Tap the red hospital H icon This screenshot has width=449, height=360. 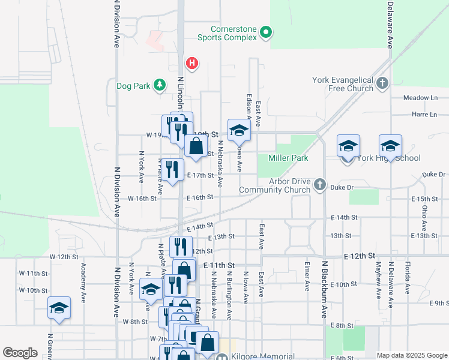[x=192, y=63]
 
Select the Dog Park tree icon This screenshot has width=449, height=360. [x=160, y=86]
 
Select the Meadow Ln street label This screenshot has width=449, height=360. [x=421, y=98]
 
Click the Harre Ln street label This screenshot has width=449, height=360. [x=424, y=114]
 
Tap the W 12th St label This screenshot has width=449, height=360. [x=65, y=257]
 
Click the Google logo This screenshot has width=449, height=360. [x=20, y=353]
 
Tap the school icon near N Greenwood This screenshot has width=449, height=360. [x=59, y=308]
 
